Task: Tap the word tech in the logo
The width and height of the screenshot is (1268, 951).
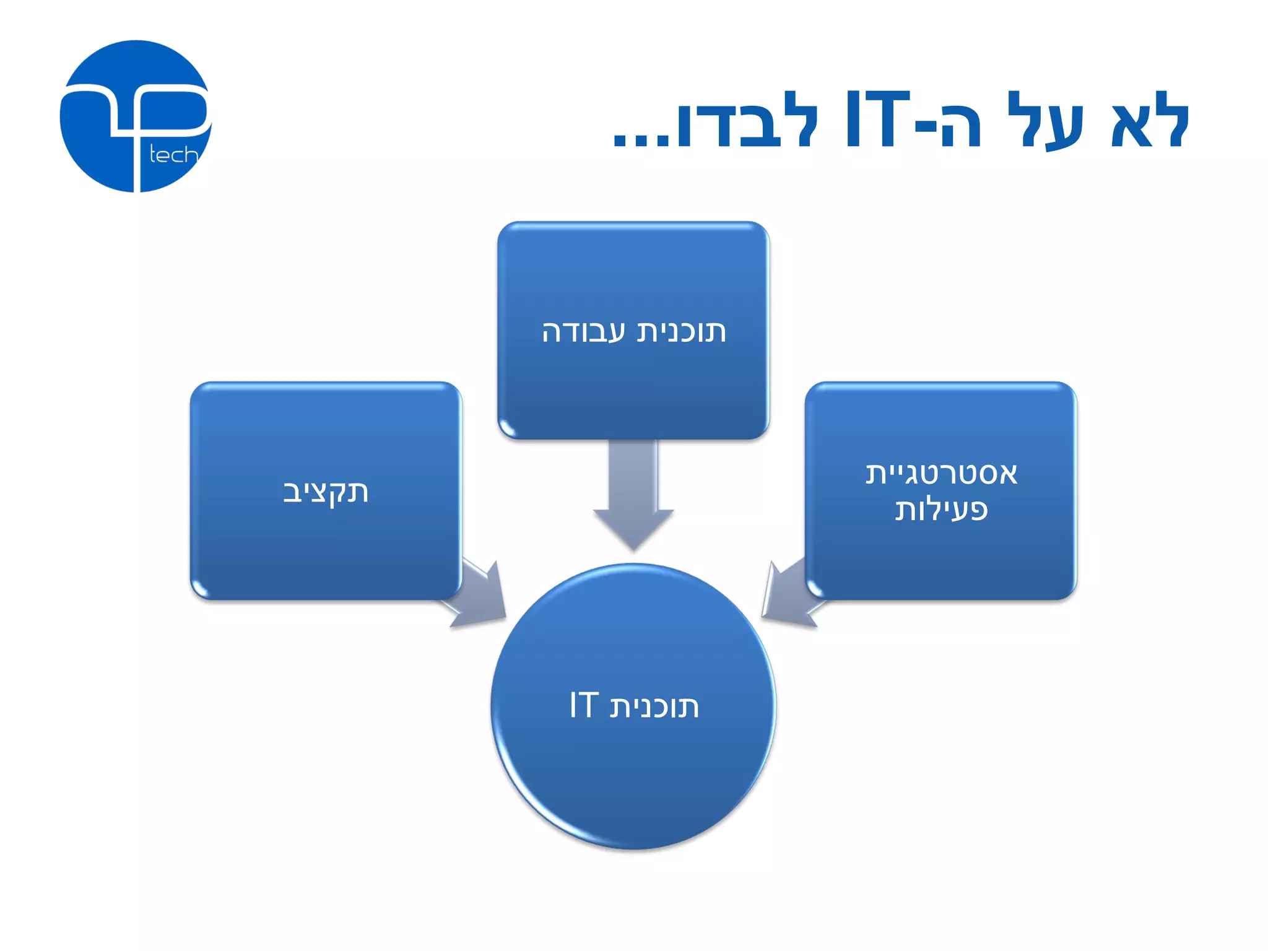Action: point(173,155)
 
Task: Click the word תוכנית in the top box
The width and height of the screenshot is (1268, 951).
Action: point(682,332)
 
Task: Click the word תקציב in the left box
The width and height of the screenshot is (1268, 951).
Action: point(326,492)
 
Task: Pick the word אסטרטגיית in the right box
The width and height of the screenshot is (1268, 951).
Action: point(941,474)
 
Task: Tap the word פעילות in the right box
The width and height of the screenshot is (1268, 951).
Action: point(941,510)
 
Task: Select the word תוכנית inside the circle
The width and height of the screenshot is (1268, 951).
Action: point(654,706)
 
